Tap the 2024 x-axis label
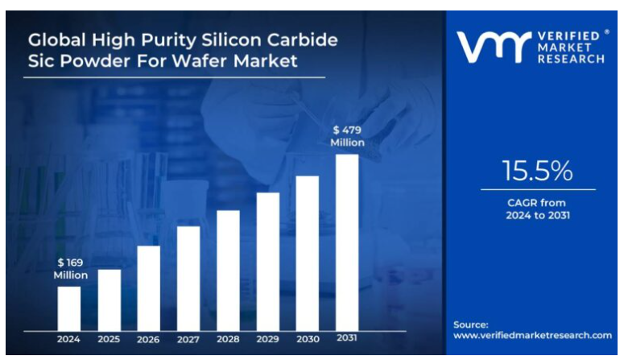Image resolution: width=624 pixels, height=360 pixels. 69,339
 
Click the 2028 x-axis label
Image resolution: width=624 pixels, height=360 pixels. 228,339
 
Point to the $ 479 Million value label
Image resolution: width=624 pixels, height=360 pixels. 347,135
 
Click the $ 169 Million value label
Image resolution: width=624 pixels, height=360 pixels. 70,269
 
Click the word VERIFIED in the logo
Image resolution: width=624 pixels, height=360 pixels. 572,36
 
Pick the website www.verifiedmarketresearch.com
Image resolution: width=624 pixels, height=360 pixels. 532,335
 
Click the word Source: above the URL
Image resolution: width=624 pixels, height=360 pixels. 471,325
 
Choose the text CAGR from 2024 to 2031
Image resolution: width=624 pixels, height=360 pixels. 538,209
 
